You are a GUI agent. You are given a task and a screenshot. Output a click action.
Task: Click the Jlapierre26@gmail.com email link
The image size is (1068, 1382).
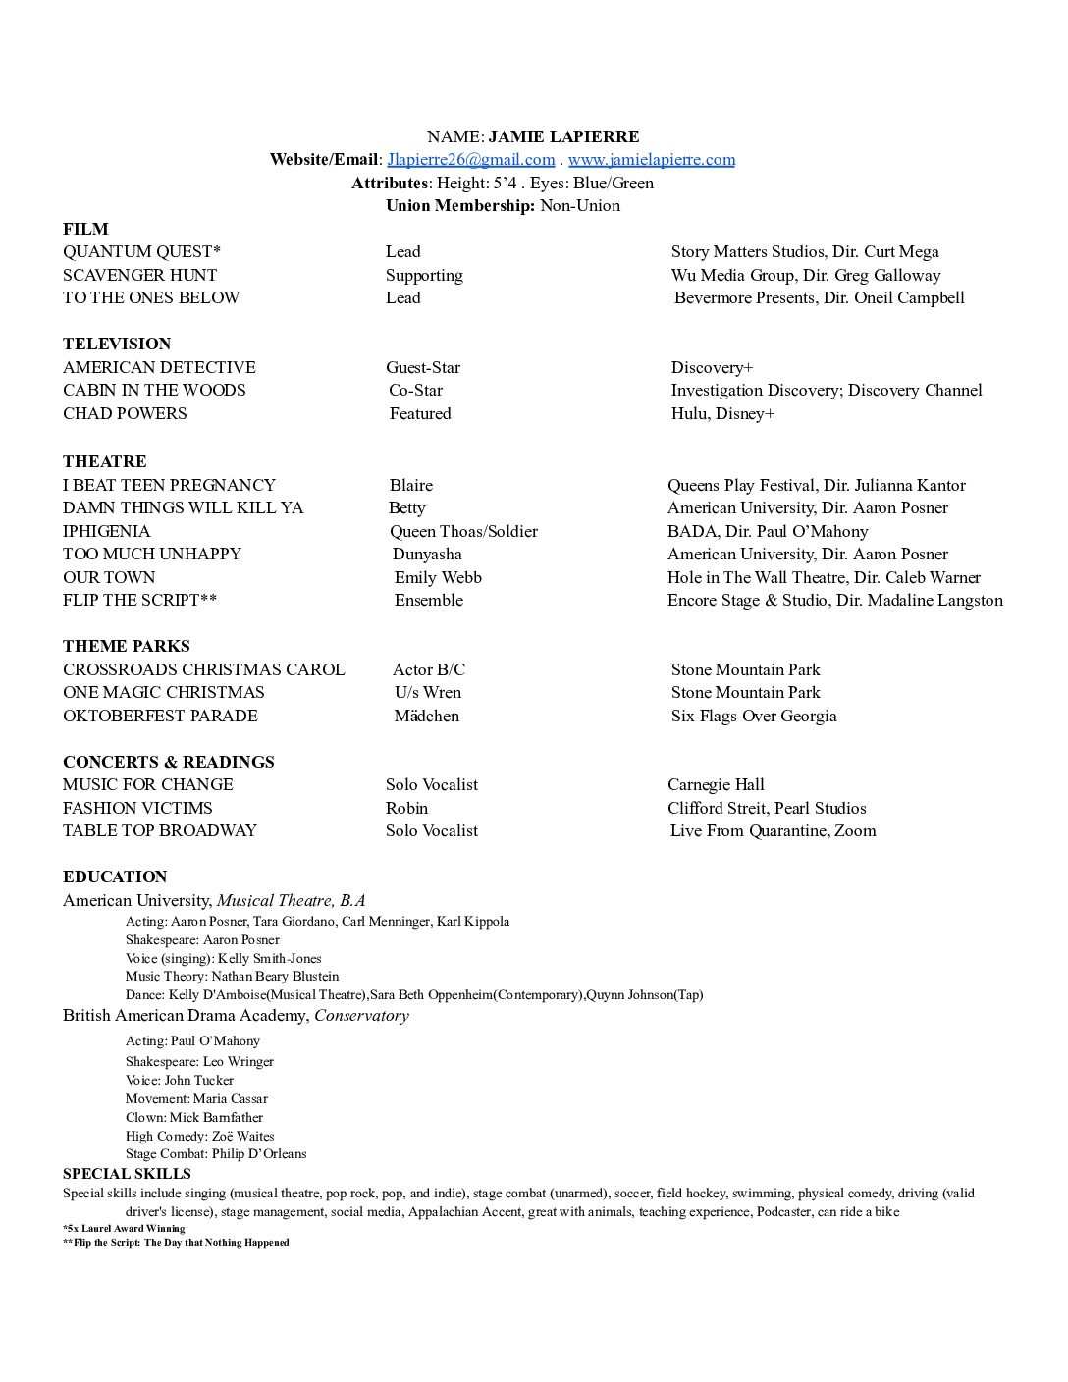pyautogui.click(x=471, y=160)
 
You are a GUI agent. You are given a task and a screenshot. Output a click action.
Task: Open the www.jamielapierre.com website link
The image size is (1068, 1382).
pyautogui.click(x=651, y=160)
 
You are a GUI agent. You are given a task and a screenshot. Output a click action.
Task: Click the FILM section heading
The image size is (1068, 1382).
pyautogui.click(x=85, y=229)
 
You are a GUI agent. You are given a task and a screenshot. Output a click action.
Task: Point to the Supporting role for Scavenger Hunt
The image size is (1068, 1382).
pyautogui.click(x=424, y=276)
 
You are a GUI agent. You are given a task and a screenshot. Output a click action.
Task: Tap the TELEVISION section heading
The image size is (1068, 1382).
pyautogui.click(x=117, y=344)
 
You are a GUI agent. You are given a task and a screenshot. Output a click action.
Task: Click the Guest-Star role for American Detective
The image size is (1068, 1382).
pyautogui.click(x=423, y=368)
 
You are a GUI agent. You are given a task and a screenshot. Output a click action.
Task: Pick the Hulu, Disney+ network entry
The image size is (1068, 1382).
pyautogui.click(x=722, y=414)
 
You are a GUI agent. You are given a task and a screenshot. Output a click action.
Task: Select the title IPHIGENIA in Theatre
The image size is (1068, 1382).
pyautogui.click(x=107, y=532)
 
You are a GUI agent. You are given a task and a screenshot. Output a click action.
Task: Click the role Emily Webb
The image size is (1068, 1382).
pyautogui.click(x=438, y=578)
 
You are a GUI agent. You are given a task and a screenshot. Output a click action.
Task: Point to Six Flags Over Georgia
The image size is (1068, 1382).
pyautogui.click(x=754, y=717)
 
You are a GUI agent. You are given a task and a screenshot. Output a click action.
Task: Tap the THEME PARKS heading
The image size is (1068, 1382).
pyautogui.click(x=127, y=647)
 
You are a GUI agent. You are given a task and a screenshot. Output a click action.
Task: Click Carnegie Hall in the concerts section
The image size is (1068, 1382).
pyautogui.click(x=716, y=785)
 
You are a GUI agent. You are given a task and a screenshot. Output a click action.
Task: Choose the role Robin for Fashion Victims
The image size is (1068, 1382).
pyautogui.click(x=407, y=809)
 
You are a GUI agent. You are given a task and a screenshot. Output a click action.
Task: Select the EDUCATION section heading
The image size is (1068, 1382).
pyautogui.click(x=115, y=877)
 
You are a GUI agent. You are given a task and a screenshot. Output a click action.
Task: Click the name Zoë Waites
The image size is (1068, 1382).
pyautogui.click(x=242, y=1137)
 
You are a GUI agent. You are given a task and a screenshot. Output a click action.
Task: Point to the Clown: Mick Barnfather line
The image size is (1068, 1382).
pyautogui.click(x=194, y=1118)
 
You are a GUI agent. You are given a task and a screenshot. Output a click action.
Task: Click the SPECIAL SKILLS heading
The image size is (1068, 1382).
pyautogui.click(x=127, y=1174)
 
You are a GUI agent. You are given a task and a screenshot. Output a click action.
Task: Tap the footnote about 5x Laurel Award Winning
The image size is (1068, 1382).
pyautogui.click(x=124, y=1228)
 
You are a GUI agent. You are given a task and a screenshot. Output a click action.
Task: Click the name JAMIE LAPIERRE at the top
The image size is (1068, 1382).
pyautogui.click(x=563, y=136)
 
